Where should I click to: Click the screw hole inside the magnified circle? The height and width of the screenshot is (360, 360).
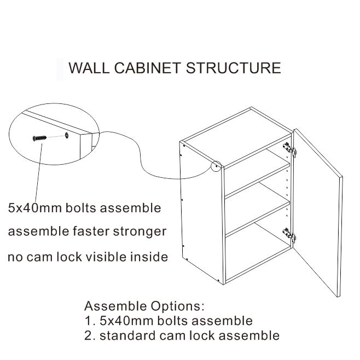(66, 133)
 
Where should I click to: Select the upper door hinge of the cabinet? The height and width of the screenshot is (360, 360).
(289, 148)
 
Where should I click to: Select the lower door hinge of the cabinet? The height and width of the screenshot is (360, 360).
(289, 235)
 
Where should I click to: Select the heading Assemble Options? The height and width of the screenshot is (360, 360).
(144, 306)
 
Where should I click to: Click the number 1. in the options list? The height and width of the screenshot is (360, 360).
(89, 321)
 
